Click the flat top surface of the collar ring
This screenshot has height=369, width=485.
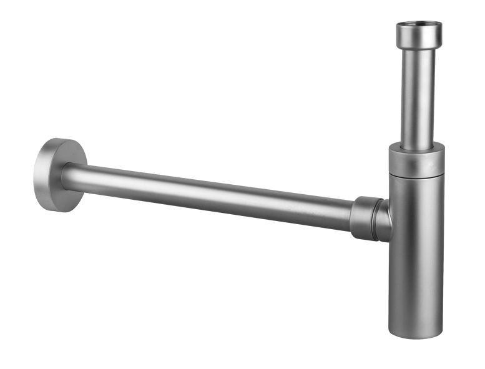pyautogui.click(x=416, y=147)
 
